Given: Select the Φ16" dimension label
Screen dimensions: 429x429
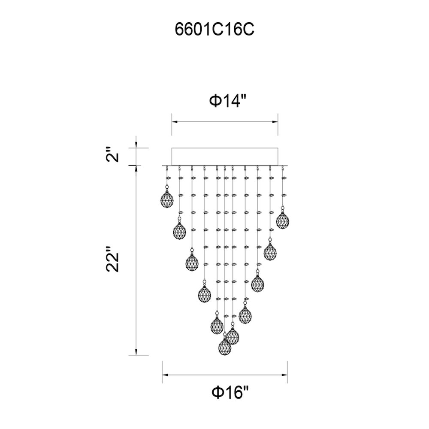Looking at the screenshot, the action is point(230,393).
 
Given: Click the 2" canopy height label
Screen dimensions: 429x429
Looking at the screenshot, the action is point(113,155).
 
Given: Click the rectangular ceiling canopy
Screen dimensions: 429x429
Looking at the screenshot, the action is point(225,157).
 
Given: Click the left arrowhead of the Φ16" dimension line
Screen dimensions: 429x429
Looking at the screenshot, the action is point(165,375).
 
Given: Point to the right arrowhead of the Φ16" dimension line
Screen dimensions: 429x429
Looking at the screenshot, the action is point(284,375).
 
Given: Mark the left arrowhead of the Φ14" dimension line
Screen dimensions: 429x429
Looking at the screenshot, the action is point(175,122).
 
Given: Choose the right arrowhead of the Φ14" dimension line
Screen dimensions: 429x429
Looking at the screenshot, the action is point(275,122).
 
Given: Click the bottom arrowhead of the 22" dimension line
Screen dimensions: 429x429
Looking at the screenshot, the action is point(136,352).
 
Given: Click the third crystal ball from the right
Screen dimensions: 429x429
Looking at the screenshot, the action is point(258,284).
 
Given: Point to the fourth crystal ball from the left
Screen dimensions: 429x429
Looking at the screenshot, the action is point(205,294).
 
